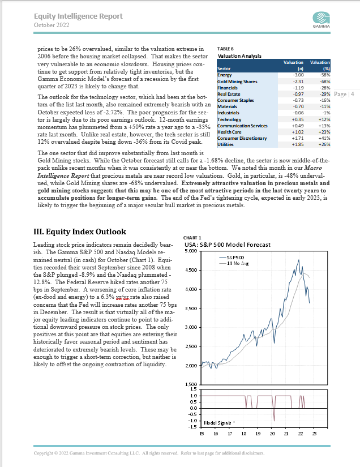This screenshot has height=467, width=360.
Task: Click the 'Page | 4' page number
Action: pos(344,94)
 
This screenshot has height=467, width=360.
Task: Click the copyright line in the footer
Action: pos(148,453)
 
